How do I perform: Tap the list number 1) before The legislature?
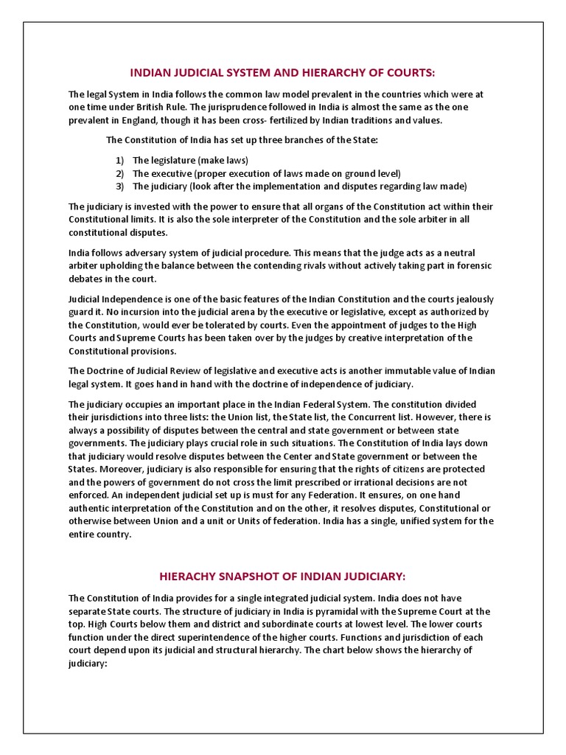[119, 160]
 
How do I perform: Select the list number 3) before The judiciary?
[119, 186]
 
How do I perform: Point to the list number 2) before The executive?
[119, 173]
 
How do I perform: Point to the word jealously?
[466, 299]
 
